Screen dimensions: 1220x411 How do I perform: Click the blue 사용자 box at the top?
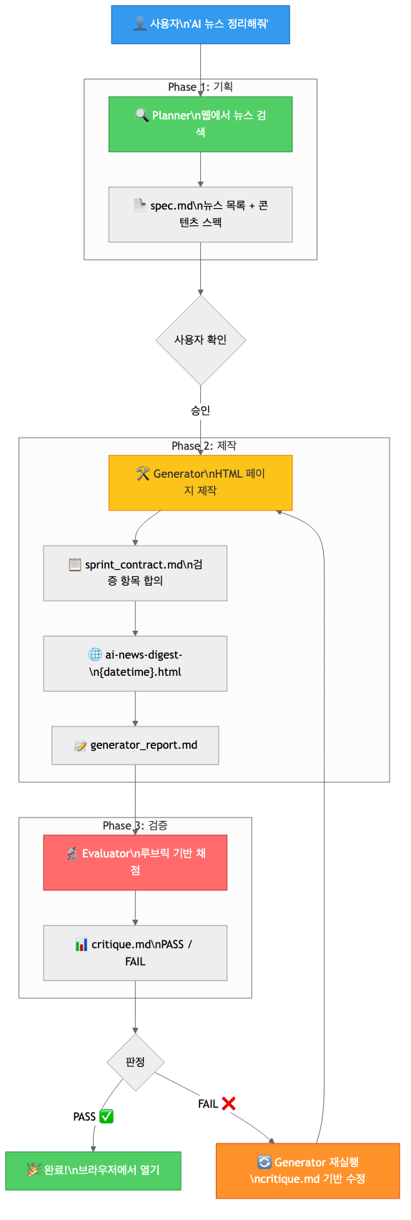[200, 25]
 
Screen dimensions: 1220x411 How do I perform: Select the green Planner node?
[200, 124]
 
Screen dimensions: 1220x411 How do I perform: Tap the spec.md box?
[200, 215]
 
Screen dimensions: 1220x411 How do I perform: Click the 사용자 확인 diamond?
[201, 340]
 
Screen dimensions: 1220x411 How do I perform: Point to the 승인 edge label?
[200, 410]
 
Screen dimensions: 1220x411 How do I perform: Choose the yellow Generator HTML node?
[200, 483]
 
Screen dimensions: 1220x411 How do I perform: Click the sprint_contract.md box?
[135, 573]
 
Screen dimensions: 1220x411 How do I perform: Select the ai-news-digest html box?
[135, 664]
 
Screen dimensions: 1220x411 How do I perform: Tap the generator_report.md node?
[135, 745]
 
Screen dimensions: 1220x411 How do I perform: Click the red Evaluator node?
[135, 862]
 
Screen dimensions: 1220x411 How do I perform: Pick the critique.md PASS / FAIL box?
[135, 953]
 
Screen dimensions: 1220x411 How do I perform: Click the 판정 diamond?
[135, 1063]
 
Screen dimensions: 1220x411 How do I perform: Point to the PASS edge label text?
[84, 1117]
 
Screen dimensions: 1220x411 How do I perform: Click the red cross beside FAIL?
[229, 1103]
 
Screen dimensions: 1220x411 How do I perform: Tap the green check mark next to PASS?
[107, 1116]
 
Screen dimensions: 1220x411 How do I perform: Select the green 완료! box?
[93, 1171]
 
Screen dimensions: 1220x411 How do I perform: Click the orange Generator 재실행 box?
[307, 1171]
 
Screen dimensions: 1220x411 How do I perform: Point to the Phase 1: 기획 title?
[200, 87]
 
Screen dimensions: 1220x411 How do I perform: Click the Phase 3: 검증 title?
[135, 825]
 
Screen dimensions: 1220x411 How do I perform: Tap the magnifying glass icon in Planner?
[142, 115]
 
